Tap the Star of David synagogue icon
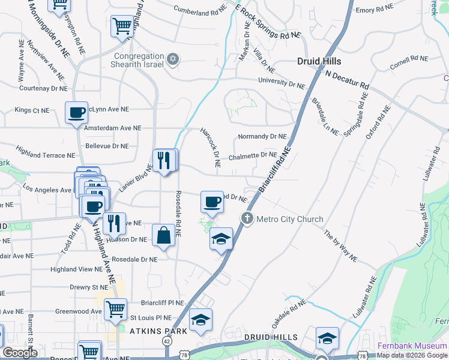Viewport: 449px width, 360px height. pos(173,59)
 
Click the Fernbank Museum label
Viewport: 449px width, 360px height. pos(412,346)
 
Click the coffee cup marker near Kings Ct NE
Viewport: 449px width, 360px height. pos(77,112)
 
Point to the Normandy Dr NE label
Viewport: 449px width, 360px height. pos(262,137)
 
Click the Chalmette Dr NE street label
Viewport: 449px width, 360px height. pos(252,155)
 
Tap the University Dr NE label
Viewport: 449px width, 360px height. pos(282,82)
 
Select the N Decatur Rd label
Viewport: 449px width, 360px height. pos(347,79)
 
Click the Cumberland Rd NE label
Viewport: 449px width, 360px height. pos(199,11)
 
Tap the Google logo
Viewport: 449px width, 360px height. pos(20,353)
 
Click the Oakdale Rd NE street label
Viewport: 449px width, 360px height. pos(285,314)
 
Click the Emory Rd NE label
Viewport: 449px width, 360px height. pos(374,10)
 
